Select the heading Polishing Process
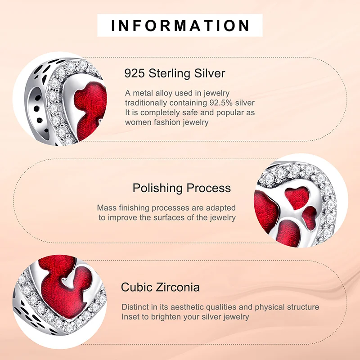coord(181,188)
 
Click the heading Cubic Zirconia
coord(160,287)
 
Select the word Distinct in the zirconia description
coord(135,307)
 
